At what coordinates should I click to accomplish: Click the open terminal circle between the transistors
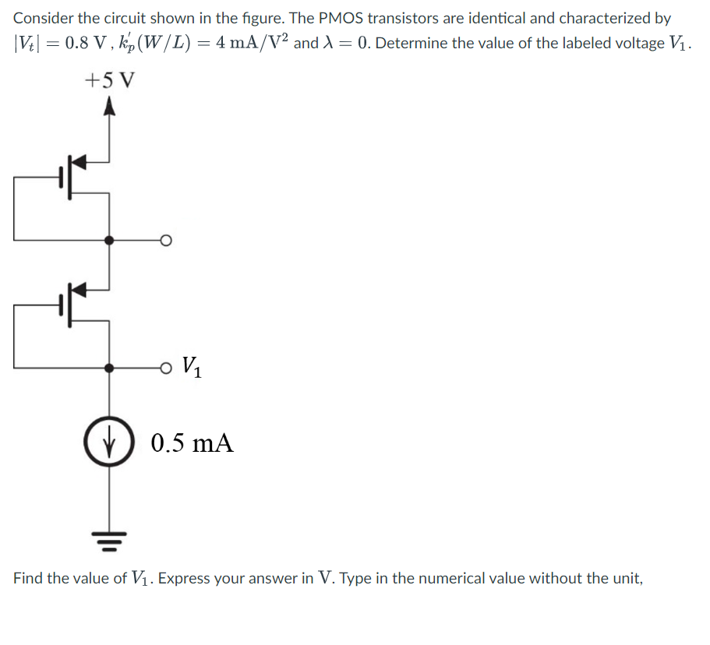[164, 241]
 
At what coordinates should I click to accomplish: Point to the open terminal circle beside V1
[164, 367]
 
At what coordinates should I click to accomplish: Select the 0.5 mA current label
[193, 444]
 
